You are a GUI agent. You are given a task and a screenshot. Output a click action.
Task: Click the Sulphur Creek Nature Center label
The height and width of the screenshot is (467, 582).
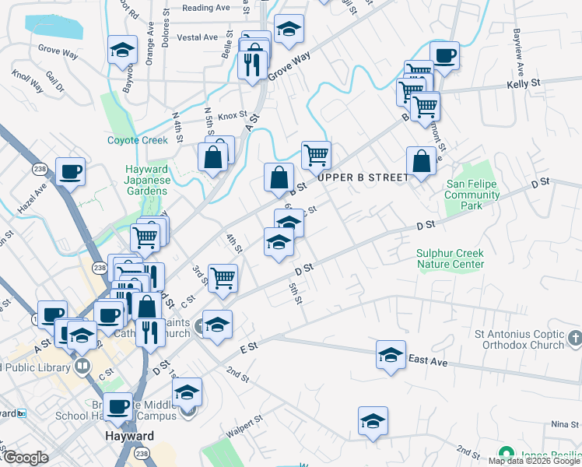coord(450,258)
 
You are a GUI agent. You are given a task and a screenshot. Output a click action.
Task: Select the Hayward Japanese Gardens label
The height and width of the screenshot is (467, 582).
coord(147,181)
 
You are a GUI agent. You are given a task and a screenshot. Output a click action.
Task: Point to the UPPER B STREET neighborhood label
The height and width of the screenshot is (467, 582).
coord(363,177)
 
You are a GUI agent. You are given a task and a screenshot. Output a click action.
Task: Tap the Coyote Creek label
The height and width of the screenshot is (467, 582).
coord(137,140)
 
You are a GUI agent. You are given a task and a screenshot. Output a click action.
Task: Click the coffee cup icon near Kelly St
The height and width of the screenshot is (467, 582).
coord(444,57)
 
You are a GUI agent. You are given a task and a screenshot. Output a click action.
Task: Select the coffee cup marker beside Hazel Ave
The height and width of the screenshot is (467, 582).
coord(70,172)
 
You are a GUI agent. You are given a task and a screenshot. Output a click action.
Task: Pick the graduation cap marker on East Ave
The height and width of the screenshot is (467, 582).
coord(391,354)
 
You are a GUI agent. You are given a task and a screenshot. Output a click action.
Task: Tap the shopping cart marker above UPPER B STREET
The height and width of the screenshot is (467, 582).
coord(316,155)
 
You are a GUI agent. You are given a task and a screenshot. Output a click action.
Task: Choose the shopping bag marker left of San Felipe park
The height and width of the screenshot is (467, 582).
coord(421,162)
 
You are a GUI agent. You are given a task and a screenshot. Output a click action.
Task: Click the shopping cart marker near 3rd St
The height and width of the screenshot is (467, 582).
coord(223,277)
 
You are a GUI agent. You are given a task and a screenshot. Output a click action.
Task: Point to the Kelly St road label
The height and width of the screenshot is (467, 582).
coord(523,83)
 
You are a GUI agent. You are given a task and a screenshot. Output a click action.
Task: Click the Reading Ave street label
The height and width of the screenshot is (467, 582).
coord(206,8)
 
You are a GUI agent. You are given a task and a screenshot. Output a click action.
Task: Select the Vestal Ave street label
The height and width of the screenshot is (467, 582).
coord(198,37)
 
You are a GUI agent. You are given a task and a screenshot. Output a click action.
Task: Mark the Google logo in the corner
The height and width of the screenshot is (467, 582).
coord(25,458)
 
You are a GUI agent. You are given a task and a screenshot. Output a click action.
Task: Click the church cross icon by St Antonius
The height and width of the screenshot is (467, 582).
coord(574,338)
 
